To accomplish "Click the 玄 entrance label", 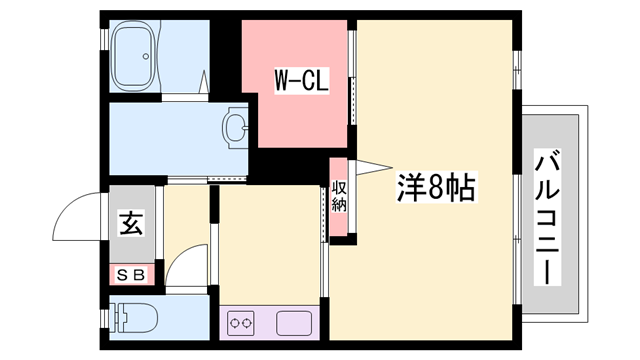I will (131, 223).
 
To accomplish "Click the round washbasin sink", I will (236, 127).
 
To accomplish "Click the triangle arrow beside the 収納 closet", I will (371, 166).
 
